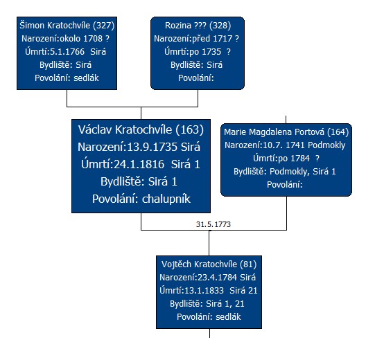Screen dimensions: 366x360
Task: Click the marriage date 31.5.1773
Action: point(214,224)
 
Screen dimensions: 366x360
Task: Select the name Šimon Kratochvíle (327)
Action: point(67,26)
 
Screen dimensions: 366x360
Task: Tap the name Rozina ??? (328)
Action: point(198,26)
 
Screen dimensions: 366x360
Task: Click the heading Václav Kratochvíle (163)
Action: point(141,129)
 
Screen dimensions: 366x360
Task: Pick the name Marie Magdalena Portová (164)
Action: point(286,132)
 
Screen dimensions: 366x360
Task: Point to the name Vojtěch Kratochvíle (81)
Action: point(209,264)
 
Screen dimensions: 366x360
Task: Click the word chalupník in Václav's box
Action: point(166,199)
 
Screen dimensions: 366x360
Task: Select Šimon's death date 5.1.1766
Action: point(67,52)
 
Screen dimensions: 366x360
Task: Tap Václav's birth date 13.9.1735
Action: point(152,147)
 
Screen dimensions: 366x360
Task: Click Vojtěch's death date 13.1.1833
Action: point(204,291)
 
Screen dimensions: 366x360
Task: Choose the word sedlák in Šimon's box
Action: point(86,78)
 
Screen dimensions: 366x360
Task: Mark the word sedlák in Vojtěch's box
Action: point(228,317)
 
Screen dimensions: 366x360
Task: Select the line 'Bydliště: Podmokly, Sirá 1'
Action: point(285,172)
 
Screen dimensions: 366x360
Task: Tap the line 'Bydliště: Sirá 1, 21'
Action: point(207,304)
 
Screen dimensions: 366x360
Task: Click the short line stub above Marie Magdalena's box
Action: point(286,119)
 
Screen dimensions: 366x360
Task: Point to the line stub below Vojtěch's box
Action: point(209,333)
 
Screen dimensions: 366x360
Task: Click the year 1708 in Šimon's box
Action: point(93,39)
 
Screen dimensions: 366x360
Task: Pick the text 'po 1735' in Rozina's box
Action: point(205,52)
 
